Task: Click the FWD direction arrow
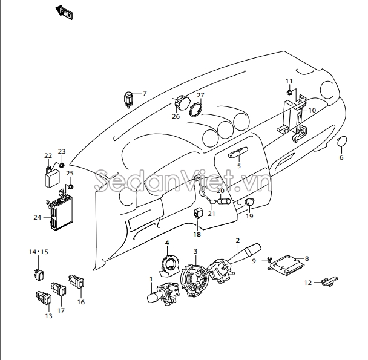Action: [x=64, y=13]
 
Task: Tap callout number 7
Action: [x=145, y=93]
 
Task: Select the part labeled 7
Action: [x=128, y=100]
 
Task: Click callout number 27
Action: [x=200, y=95]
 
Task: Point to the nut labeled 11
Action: [x=289, y=92]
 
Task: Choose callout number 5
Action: [x=239, y=166]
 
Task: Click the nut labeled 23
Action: [x=62, y=165]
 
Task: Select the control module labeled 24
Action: [x=61, y=212]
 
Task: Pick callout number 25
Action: [x=70, y=173]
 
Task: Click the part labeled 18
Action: [x=197, y=213]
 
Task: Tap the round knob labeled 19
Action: [x=249, y=202]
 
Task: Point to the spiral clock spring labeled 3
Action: [x=194, y=280]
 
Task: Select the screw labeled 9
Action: [x=269, y=260]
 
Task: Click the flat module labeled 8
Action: [x=286, y=266]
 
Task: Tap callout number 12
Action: [x=308, y=283]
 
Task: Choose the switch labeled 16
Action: [x=77, y=281]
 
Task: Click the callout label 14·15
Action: [x=39, y=252]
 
